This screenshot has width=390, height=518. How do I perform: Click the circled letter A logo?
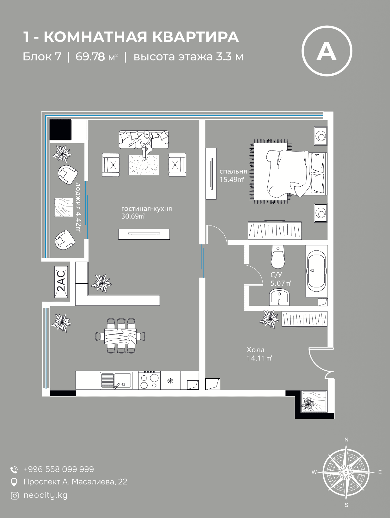click(x=326, y=51)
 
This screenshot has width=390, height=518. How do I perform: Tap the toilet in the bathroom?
click(x=278, y=257)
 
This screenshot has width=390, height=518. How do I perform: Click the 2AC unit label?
click(x=61, y=282)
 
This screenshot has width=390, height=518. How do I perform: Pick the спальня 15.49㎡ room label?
click(x=233, y=175)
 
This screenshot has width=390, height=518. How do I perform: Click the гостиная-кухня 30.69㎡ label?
click(x=146, y=213)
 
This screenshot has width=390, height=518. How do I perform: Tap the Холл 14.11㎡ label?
click(x=259, y=354)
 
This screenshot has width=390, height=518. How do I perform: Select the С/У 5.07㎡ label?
click(x=281, y=279)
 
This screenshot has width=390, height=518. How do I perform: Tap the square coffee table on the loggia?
click(x=62, y=207)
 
